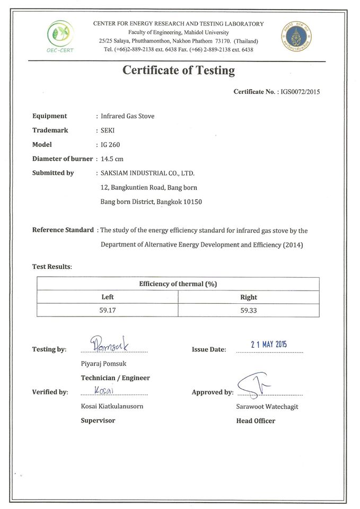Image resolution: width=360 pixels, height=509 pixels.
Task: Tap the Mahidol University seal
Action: click(296, 37)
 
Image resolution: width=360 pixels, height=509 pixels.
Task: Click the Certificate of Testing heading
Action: click(179, 70)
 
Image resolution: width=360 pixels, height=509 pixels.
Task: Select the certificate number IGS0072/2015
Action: click(300, 92)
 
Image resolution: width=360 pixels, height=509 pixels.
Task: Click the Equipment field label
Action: click(49, 116)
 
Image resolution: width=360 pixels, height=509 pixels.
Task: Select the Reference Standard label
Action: click(63, 230)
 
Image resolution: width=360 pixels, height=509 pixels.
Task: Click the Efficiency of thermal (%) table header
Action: click(178, 284)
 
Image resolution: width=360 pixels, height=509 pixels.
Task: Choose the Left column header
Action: click(108, 297)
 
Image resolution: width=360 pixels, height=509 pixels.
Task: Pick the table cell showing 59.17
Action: click(108, 310)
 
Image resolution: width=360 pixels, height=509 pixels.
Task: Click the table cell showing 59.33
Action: click(249, 310)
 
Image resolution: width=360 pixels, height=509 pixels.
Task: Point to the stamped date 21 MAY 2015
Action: click(269, 344)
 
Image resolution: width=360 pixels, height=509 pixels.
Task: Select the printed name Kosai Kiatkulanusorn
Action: click(112, 406)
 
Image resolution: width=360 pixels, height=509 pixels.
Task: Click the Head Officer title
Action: click(256, 421)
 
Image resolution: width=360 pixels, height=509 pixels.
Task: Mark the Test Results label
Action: click(51, 266)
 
